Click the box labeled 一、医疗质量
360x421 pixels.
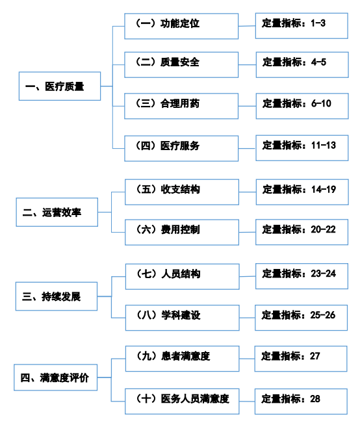pyautogui.click(x=59, y=86)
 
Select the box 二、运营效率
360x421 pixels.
pyautogui.click(x=57, y=212)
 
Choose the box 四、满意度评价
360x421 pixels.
pyautogui.click(x=57, y=377)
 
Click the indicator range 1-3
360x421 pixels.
pyautogui.click(x=318, y=23)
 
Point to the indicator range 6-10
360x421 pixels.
pyautogui.click(x=321, y=103)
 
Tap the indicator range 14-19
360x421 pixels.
pyautogui.click(x=323, y=190)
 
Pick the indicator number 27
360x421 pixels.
pyautogui.click(x=315, y=356)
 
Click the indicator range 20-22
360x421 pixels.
pyautogui.click(x=323, y=230)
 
